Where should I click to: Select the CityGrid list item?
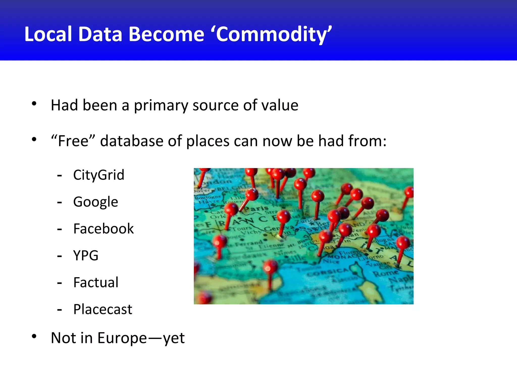point(99,175)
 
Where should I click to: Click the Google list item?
point(95,202)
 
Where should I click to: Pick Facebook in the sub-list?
point(104,229)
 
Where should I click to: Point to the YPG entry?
point(86,255)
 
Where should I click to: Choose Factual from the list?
point(96,282)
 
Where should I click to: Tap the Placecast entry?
point(102,309)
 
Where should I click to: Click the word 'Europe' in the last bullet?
point(122,338)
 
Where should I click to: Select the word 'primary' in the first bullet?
point(161,105)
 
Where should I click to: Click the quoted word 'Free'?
point(73,141)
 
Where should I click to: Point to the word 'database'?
point(132,141)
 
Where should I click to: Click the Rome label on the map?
point(385,273)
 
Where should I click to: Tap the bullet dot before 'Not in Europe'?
point(34,336)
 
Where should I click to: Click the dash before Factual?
point(60,283)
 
